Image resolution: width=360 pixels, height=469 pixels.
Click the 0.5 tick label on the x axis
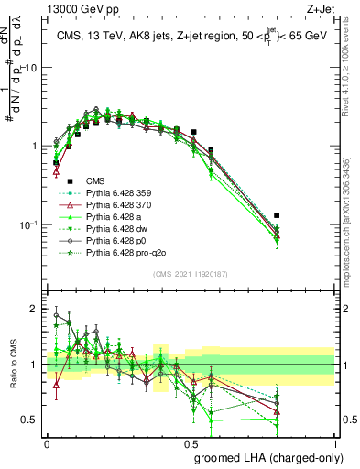[191, 442]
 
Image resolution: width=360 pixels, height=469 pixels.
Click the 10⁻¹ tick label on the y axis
[28, 224]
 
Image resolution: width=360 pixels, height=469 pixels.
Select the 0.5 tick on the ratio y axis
[31, 420]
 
